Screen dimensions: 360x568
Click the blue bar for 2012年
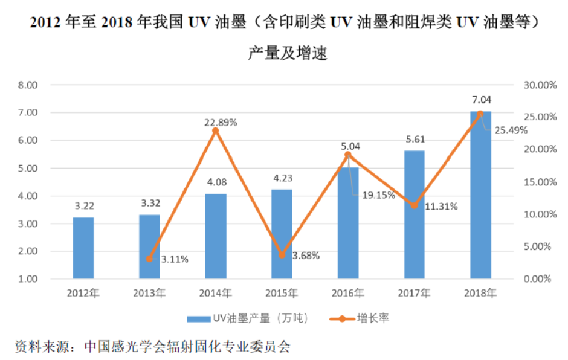(x=83, y=248)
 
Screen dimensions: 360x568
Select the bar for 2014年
(x=216, y=236)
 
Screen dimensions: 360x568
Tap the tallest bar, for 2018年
(x=480, y=195)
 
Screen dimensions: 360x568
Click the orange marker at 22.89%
(x=215, y=130)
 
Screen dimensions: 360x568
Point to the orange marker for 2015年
(x=282, y=255)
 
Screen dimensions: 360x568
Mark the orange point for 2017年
(x=414, y=205)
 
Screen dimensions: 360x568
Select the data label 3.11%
(x=175, y=259)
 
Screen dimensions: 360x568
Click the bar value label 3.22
(x=83, y=205)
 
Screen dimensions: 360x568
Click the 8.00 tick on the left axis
(x=28, y=85)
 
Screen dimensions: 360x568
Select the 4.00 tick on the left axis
(x=28, y=196)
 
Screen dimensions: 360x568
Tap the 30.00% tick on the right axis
(x=539, y=85)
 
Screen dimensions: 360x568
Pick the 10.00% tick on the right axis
(x=539, y=214)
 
